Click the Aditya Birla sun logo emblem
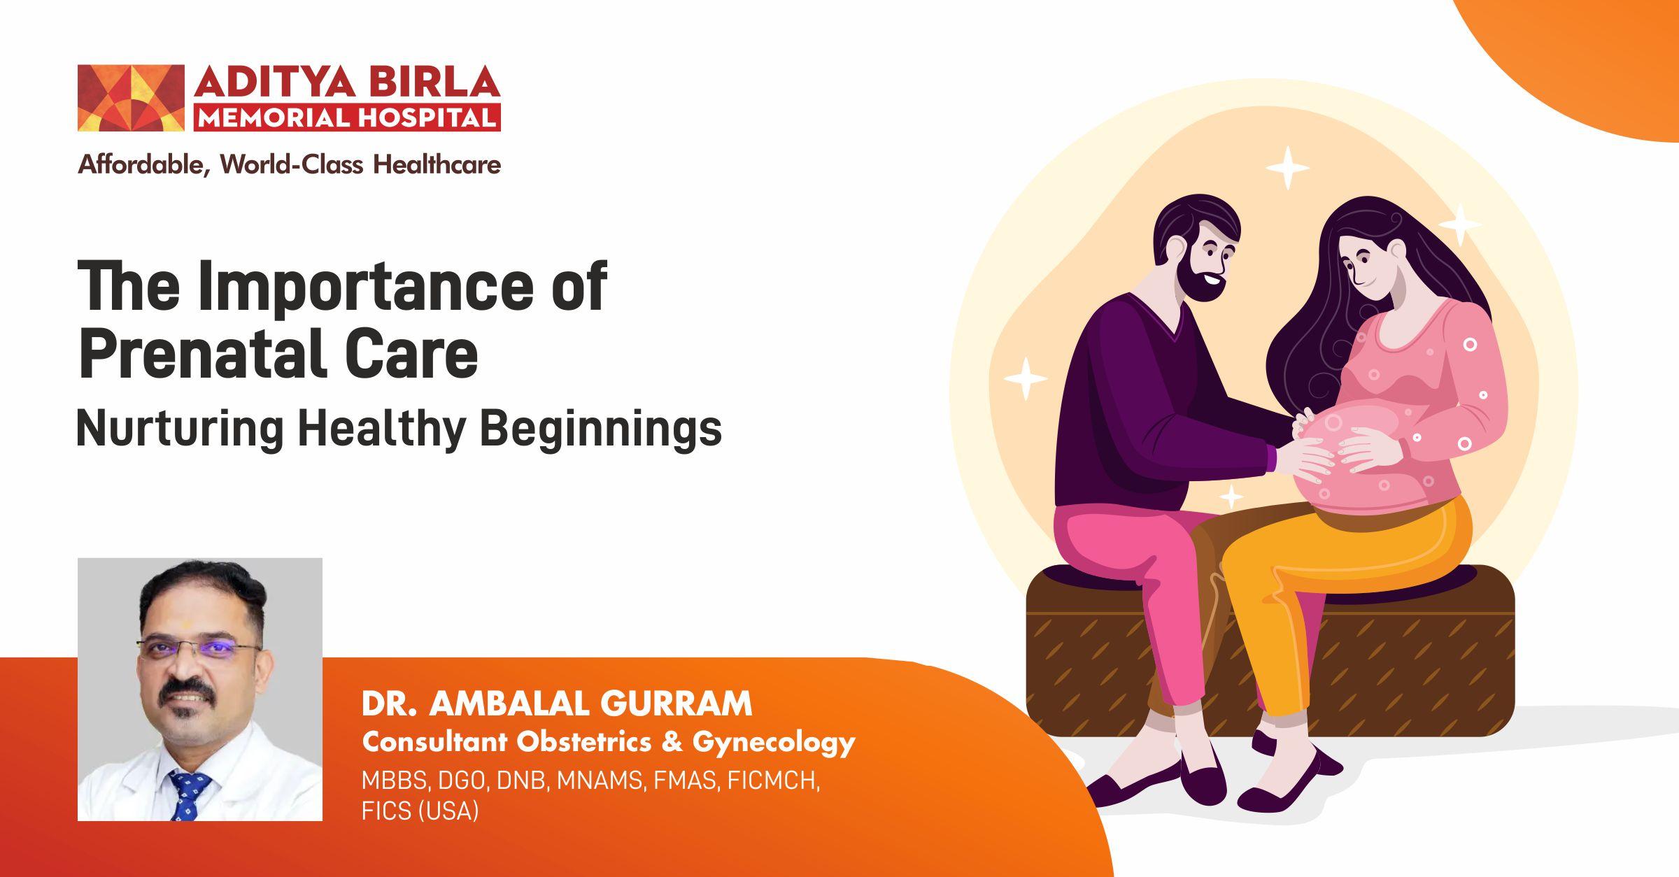(x=131, y=98)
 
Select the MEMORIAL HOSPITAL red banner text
(x=347, y=117)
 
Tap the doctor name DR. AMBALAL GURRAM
(x=557, y=704)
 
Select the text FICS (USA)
(x=420, y=811)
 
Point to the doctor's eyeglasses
(x=199, y=647)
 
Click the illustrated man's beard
(x=1199, y=276)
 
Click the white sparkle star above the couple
(x=1287, y=168)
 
